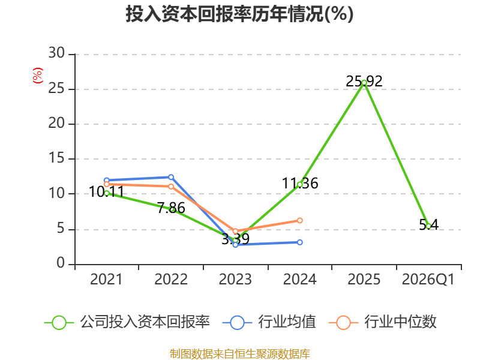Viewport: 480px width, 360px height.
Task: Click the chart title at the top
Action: pos(239,14)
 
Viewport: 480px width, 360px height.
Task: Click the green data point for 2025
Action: pos(364,83)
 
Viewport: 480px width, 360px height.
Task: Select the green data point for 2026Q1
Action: pos(428,226)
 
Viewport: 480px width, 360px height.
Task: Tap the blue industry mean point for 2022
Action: pos(171,177)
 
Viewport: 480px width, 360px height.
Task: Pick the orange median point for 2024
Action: pos(299,220)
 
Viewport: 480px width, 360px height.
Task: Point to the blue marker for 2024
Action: pos(299,242)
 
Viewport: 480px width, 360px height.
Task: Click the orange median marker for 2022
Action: pos(171,187)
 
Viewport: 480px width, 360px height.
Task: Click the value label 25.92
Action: pos(364,82)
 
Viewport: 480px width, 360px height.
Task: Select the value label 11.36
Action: pos(299,184)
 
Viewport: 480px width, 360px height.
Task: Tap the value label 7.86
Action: pos(171,208)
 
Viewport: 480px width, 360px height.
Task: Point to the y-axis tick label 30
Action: pos(56,53)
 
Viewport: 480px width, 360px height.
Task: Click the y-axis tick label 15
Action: pos(56,158)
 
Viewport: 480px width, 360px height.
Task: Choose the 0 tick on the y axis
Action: pos(61,263)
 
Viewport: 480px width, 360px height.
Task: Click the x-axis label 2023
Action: pos(235,279)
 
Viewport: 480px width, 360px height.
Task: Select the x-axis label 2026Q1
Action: pos(428,279)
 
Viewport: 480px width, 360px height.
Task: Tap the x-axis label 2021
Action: pos(106,279)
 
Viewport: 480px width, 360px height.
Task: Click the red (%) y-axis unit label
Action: pos(38,76)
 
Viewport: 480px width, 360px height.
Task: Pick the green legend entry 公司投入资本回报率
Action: pos(127,322)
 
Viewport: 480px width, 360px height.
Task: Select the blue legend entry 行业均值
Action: pos(269,322)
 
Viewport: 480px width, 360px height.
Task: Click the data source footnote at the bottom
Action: pos(239,354)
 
